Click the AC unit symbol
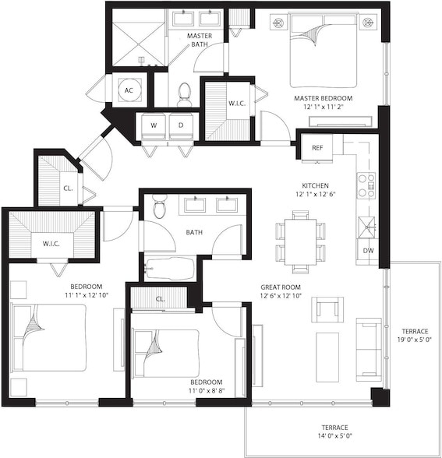click(129, 90)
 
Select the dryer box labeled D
click(181, 125)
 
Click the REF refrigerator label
click(317, 147)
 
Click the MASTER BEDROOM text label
click(324, 98)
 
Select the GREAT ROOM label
click(281, 287)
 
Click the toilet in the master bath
click(185, 94)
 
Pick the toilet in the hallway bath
click(160, 207)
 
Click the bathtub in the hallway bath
click(169, 268)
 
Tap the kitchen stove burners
click(366, 185)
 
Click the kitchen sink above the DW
click(366, 227)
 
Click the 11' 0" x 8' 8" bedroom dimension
click(206, 392)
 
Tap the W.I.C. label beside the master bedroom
click(237, 104)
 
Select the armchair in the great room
click(327, 309)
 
